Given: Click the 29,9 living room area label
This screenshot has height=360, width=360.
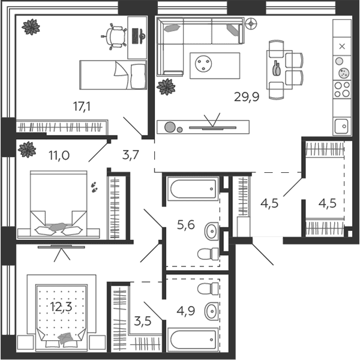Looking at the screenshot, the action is click(247, 97).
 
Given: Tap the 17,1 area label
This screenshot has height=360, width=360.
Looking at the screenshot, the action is click(82, 107).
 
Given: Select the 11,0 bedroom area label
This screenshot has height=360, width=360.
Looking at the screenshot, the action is click(59, 155).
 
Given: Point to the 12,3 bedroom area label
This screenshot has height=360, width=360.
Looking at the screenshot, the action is click(61, 307).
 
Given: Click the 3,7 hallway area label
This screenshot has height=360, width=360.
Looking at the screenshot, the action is click(131, 155).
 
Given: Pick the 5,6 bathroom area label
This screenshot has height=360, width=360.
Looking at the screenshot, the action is click(186, 225).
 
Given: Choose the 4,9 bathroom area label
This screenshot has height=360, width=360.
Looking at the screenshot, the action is click(186, 311).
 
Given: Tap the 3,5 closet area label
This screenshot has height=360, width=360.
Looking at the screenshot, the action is click(143, 321).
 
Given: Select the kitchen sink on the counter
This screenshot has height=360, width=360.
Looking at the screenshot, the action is click(342, 126).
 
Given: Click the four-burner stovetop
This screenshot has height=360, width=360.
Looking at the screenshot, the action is click(342, 89).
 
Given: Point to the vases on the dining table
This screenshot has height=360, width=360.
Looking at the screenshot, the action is click(277, 68).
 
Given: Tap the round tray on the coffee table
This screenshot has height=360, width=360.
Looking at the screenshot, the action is click(203, 63).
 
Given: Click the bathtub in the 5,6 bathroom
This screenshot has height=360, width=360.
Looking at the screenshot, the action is click(193, 189).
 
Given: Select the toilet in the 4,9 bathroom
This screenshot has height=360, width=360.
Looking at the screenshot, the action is click(208, 289).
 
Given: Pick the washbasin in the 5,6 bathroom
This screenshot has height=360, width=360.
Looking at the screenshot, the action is click(212, 231).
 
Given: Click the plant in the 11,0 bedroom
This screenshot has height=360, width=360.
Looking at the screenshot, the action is click(27, 149).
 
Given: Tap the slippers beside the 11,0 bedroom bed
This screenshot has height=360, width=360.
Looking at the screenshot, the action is click(94, 187).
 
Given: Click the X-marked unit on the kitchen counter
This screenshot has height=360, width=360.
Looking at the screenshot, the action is click(342, 47).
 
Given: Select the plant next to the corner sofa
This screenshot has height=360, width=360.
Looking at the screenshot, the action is click(166, 87).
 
